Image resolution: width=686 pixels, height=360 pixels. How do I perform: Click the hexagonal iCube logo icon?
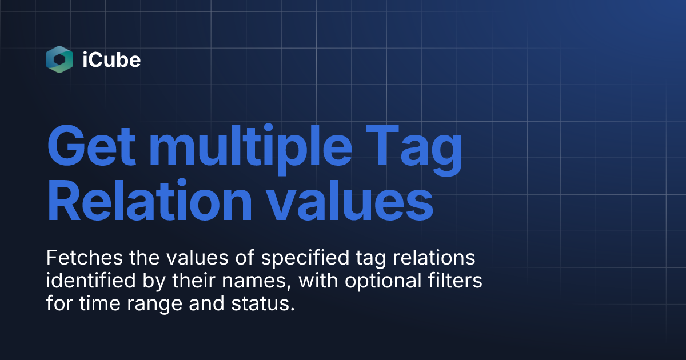point(59,59)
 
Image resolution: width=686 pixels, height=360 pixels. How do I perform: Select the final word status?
point(265,304)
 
